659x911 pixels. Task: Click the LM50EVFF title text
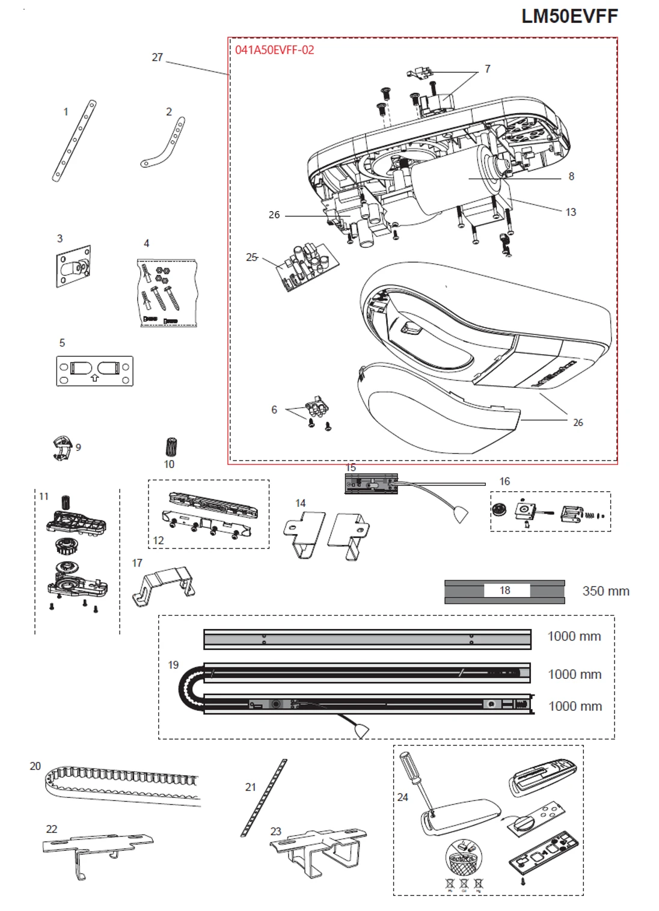tap(569, 16)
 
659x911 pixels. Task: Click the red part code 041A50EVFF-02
tap(274, 50)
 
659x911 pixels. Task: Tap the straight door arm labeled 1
tap(75, 141)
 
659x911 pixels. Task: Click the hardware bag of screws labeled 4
tap(168, 293)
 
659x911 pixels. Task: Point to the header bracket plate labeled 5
tap(94, 371)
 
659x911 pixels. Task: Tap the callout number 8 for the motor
tap(571, 176)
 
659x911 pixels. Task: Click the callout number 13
tap(570, 212)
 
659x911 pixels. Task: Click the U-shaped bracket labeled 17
tap(164, 584)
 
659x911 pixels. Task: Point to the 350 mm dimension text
tap(605, 591)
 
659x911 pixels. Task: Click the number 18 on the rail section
tap(505, 590)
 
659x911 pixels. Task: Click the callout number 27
tap(157, 57)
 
